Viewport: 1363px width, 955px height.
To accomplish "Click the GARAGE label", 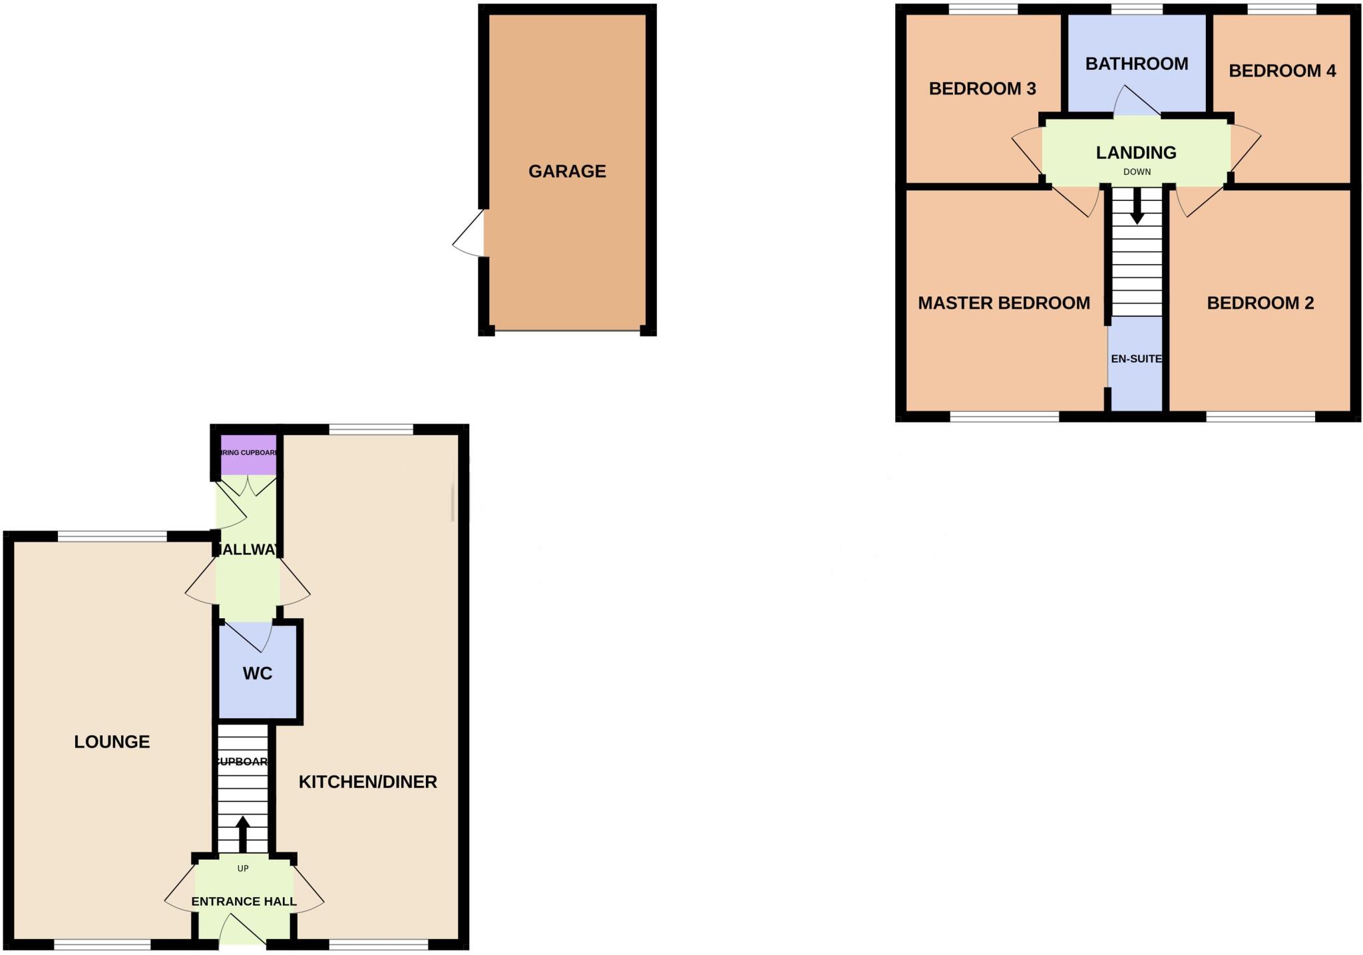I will [x=567, y=171].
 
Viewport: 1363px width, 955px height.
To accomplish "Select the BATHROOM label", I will [x=1137, y=64].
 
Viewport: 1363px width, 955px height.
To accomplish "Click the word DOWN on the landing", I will [x=1137, y=172].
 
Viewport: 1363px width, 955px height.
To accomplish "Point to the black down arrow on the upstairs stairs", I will [x=1137, y=207].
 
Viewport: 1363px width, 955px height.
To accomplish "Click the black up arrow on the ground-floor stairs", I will [x=243, y=833].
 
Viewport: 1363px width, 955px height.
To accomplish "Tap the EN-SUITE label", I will [x=1136, y=359].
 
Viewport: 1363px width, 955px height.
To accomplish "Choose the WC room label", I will [x=258, y=673].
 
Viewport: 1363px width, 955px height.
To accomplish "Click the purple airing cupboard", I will [x=248, y=454].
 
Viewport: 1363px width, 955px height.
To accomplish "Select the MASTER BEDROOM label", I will [x=1004, y=303].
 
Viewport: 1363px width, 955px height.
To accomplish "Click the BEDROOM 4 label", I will [x=1282, y=71].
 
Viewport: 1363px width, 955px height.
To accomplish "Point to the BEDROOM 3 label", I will [x=982, y=89].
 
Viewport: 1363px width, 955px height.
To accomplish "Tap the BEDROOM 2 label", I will [x=1261, y=303].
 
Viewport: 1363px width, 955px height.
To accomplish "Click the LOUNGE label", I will [x=112, y=742].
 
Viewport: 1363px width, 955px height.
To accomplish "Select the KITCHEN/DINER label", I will [x=367, y=782].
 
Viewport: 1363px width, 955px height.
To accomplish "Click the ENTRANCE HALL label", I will [x=244, y=902].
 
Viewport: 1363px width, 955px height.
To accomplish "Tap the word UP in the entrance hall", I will [x=243, y=868].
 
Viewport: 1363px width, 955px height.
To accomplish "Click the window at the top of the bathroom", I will [x=1137, y=9].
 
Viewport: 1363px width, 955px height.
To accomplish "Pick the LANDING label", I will [x=1136, y=153].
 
